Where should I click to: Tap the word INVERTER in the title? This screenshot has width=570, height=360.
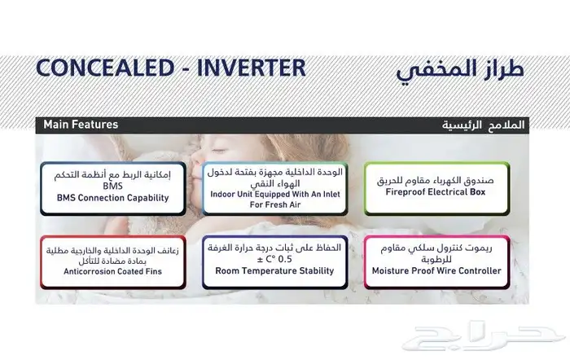coord(252,68)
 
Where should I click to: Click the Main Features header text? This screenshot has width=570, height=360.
coord(81,125)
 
